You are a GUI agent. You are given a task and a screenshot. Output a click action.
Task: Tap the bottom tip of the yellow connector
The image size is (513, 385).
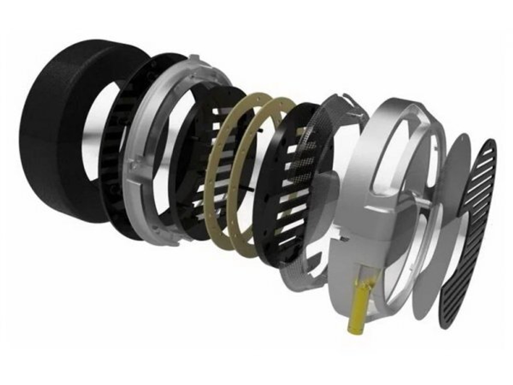tap(353, 329)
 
